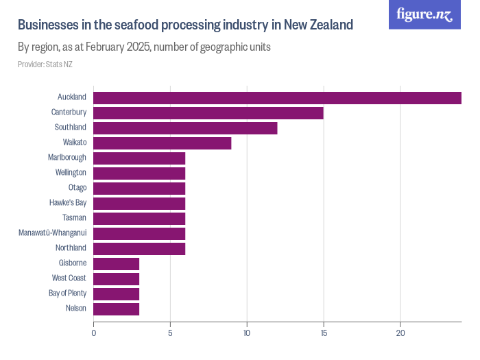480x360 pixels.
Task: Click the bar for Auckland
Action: tap(277, 97)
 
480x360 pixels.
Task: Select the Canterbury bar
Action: tap(208, 112)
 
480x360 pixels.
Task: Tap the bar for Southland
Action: tap(185, 128)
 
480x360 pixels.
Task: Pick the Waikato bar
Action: tap(162, 143)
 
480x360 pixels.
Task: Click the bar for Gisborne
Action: tap(116, 263)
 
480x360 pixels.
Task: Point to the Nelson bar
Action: tap(116, 309)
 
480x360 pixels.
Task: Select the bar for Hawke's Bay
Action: tap(139, 203)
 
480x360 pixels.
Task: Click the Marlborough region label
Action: tap(67, 158)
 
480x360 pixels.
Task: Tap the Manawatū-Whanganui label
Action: tap(53, 233)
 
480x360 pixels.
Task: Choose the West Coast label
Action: tap(69, 278)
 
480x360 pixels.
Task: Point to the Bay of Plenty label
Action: tap(67, 293)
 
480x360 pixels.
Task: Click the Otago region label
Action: tap(77, 188)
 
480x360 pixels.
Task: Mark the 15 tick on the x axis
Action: tap(323, 333)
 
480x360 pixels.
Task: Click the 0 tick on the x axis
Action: tap(93, 333)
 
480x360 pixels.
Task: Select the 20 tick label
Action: tap(400, 333)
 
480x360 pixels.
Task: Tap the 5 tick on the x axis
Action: tap(170, 333)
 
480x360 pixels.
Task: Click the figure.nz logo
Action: tap(424, 14)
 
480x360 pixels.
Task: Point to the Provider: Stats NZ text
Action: tap(45, 64)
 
